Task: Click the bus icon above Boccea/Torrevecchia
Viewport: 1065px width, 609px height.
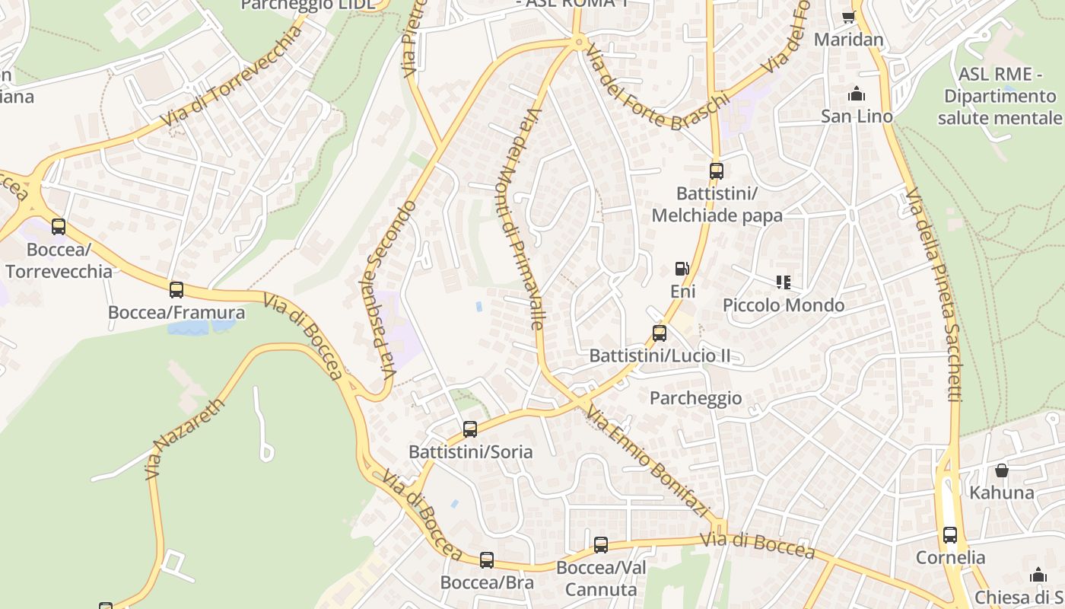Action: [59, 226]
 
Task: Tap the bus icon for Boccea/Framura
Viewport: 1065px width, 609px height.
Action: [176, 289]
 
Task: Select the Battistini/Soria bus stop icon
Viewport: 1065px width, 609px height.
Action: [470, 429]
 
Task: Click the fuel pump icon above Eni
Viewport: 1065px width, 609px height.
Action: [682, 269]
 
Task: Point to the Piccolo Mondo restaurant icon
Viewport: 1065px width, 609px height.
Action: [784, 282]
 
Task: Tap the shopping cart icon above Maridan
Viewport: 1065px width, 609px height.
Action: [849, 17]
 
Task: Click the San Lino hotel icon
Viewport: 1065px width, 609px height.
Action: [857, 94]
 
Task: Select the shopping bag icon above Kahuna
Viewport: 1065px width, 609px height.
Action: [1002, 470]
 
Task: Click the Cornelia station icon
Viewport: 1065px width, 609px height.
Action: [950, 534]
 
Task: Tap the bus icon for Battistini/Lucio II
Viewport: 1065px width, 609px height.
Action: [660, 333]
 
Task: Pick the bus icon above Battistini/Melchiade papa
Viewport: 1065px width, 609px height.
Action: [717, 171]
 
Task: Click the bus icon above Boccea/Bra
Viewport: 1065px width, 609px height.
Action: [487, 560]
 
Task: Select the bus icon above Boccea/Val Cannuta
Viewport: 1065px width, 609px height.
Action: [601, 544]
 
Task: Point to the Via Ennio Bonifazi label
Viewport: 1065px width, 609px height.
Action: [648, 462]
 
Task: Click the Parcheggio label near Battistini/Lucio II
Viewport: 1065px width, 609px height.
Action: [695, 398]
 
